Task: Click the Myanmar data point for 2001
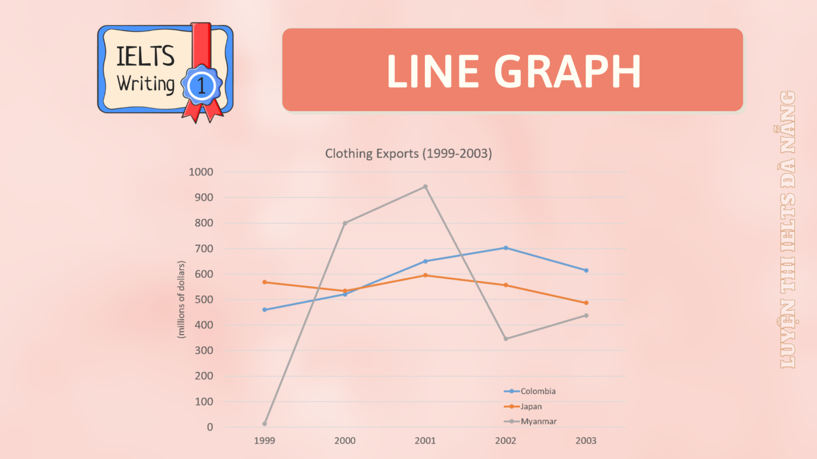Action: [x=426, y=186]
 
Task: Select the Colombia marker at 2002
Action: [x=506, y=248]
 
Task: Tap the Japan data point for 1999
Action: [x=264, y=282]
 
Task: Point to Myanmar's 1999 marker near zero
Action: [x=264, y=424]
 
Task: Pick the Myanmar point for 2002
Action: [x=506, y=339]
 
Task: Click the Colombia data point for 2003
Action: [x=586, y=270]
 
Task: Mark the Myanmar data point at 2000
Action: [x=345, y=223]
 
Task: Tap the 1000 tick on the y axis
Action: [x=201, y=172]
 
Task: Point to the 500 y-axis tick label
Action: [x=204, y=300]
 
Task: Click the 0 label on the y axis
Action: [x=210, y=427]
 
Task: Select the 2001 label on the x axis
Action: [x=426, y=440]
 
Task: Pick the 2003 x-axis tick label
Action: [x=586, y=440]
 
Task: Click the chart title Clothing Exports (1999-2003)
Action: [x=408, y=154]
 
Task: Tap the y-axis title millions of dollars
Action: [x=181, y=300]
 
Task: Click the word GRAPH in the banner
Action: [x=568, y=71]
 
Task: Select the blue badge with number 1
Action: [x=201, y=86]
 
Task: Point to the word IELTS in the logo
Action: [x=145, y=56]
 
